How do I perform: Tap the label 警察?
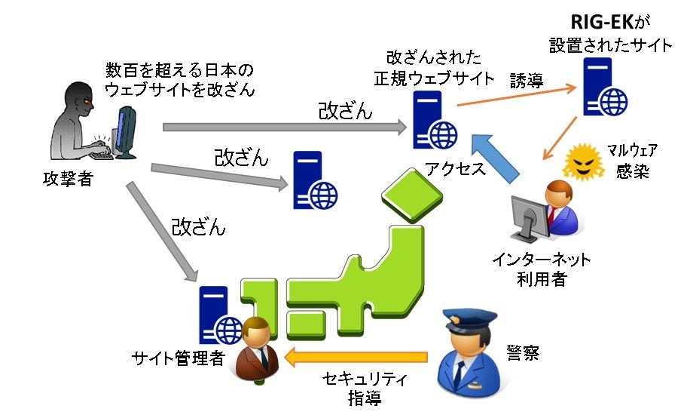click(523, 351)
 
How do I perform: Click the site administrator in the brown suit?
click(255, 351)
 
